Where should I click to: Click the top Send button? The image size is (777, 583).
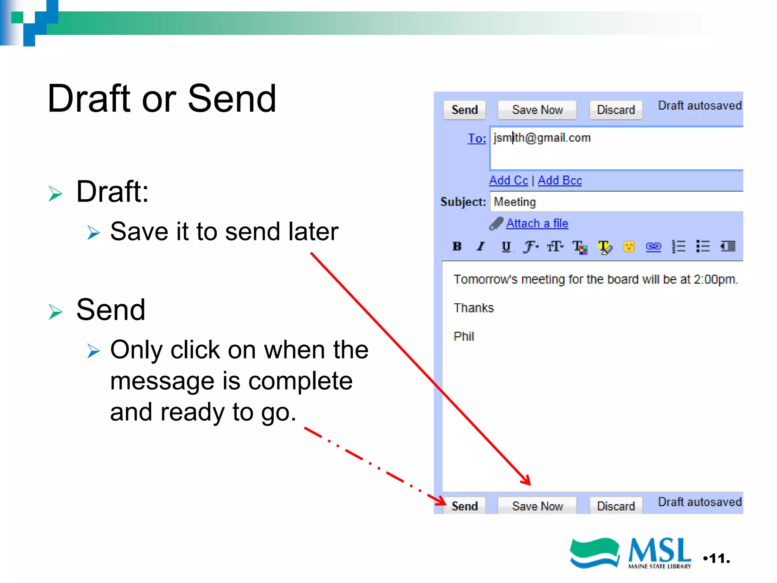[x=464, y=110]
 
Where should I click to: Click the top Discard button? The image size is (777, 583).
[x=615, y=110]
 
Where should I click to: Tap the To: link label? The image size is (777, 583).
[x=477, y=139]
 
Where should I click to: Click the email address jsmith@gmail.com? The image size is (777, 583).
[x=542, y=138]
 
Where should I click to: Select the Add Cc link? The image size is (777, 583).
[x=508, y=180]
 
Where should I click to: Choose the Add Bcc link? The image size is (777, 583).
[x=560, y=180]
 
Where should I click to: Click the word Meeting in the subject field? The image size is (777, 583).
[x=514, y=202]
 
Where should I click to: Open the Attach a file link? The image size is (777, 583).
[x=537, y=223]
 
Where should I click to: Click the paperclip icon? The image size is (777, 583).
[x=496, y=224]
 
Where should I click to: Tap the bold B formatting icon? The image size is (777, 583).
[x=457, y=247]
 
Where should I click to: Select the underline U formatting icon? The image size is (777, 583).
[x=506, y=247]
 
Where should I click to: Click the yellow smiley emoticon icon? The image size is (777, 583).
[x=629, y=247]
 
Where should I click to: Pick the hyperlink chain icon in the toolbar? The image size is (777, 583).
[x=653, y=247]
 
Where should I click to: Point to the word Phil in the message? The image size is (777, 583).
[x=464, y=336]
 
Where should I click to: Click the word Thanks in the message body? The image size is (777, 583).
[x=473, y=308]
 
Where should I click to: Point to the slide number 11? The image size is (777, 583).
[x=719, y=558]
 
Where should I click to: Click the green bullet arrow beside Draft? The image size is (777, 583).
[x=55, y=194]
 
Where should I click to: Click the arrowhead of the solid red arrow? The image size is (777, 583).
[x=527, y=481]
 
